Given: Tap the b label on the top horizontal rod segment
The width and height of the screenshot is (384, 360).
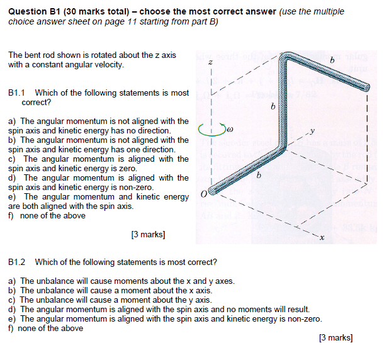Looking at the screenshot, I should click(x=332, y=59).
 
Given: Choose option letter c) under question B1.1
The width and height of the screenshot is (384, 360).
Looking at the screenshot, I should click(x=12, y=159).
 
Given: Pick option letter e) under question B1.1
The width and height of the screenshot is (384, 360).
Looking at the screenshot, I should click(x=12, y=197).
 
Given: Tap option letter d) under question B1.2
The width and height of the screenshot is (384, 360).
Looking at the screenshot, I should click(x=12, y=309).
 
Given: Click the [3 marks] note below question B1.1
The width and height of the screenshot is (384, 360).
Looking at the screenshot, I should click(x=149, y=235).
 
